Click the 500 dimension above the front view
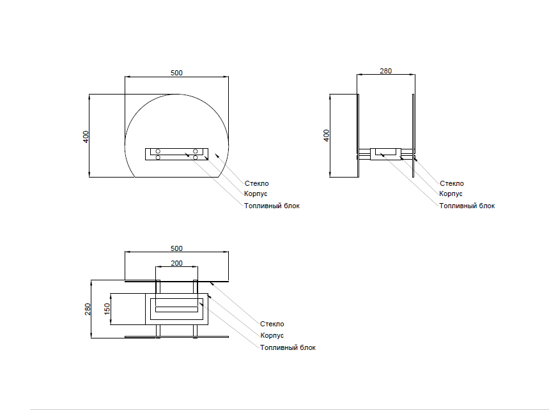[176, 73]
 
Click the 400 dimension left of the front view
[86, 136]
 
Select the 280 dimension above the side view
[385, 71]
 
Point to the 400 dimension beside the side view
[326, 135]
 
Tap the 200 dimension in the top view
[176, 263]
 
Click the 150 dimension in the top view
[107, 308]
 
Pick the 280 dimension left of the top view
[88, 308]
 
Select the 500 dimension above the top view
[176, 248]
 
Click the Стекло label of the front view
[256, 183]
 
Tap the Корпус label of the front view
[255, 194]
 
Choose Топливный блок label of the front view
[271, 206]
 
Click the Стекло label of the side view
[452, 183]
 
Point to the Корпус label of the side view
[451, 194]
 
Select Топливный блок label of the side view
[467, 206]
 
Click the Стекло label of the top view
[272, 324]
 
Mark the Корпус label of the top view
[272, 335]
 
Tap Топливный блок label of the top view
[288, 347]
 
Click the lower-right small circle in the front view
[196, 157]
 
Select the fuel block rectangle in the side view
[386, 153]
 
